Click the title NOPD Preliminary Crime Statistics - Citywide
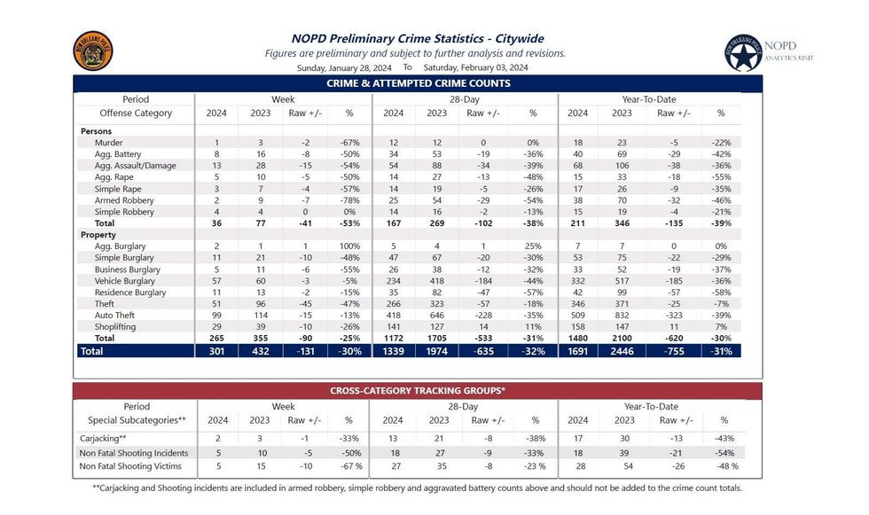coord(418,38)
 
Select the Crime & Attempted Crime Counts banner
coord(418,83)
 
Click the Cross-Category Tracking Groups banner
coord(418,390)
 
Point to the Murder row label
coord(109,143)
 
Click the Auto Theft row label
coord(115,316)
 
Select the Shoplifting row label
coord(116,327)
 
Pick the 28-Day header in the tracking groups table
coord(463,407)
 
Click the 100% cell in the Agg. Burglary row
coord(348,246)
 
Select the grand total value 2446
coord(622,351)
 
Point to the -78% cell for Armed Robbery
coord(348,200)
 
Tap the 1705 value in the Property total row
coord(436,339)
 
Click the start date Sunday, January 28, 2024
coord(345,67)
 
